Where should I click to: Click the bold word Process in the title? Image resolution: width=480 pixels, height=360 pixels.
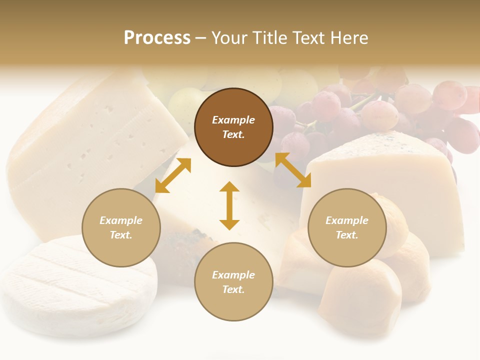pyautogui.click(x=157, y=38)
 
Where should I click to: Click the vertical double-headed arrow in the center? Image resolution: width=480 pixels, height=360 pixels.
pyautogui.click(x=229, y=205)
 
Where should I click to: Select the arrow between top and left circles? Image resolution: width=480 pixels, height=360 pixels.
pyautogui.click(x=173, y=175)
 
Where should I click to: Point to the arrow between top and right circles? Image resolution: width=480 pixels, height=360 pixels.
pyautogui.click(x=293, y=170)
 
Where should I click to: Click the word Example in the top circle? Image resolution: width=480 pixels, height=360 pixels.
pyautogui.click(x=233, y=120)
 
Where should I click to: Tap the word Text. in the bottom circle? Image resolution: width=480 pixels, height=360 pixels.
pyautogui.click(x=233, y=289)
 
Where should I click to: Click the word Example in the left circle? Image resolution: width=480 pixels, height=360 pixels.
pyautogui.click(x=121, y=220)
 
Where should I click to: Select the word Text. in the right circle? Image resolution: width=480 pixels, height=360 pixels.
pyautogui.click(x=347, y=235)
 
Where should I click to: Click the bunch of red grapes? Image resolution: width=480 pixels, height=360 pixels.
pyautogui.click(x=390, y=110)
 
